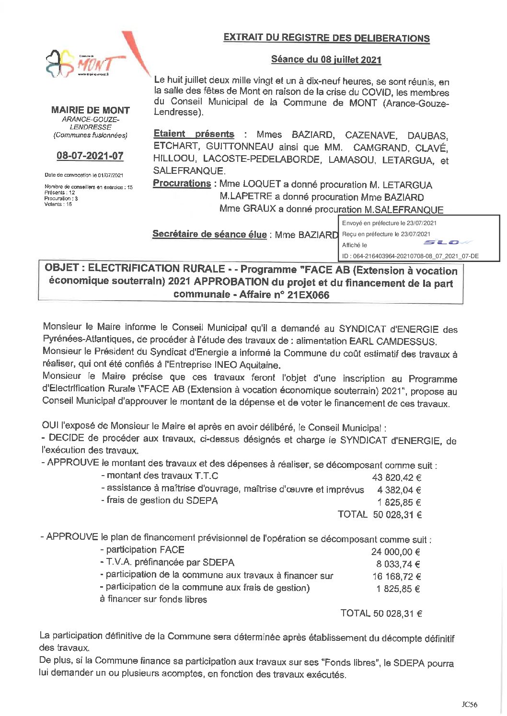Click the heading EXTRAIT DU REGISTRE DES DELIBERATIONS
326,38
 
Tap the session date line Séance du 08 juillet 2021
326,59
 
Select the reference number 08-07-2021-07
90,156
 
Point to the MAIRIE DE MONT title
90,110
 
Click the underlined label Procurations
182,183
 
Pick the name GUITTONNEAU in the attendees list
240,147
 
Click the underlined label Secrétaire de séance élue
209,234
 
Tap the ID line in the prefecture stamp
410,256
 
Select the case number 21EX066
308,295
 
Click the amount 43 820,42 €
396,477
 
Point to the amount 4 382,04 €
399,490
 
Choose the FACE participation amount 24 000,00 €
395,552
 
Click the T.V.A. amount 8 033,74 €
398,564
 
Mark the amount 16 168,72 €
396,577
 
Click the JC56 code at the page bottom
469,704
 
